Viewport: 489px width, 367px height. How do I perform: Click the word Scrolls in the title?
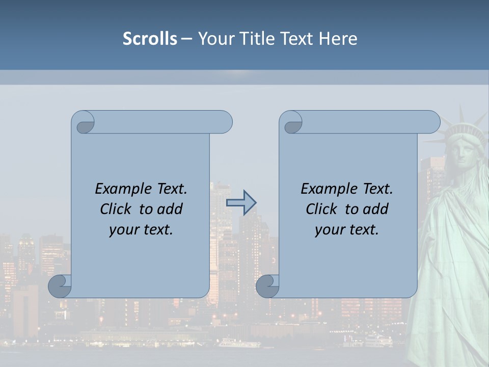click(150, 39)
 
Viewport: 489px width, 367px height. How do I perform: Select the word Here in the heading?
click(338, 39)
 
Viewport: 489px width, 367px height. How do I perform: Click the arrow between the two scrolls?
click(241, 202)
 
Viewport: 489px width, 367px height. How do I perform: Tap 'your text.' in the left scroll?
click(141, 229)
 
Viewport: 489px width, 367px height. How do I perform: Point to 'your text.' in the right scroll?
click(347, 229)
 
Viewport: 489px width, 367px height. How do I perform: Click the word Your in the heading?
click(214, 39)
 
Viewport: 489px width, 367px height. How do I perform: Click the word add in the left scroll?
click(169, 209)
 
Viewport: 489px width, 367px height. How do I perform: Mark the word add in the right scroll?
click(375, 209)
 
